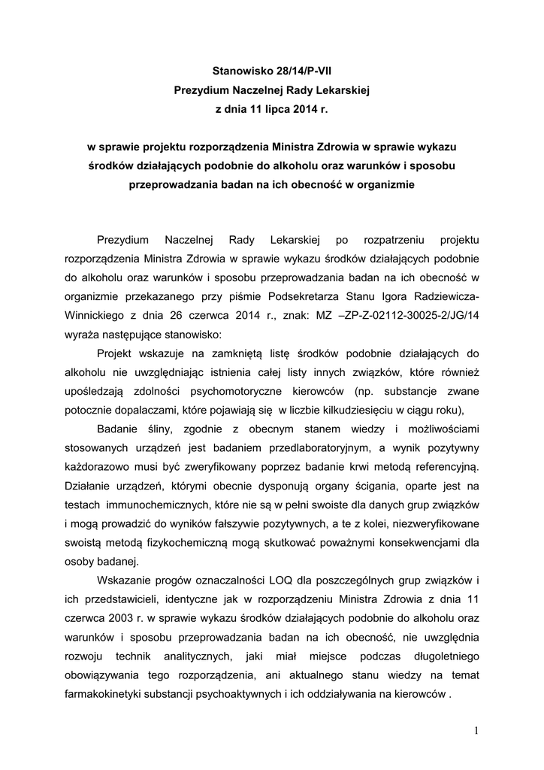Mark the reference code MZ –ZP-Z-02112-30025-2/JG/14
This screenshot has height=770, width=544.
(406, 316)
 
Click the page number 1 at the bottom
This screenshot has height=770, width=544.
(476, 730)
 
